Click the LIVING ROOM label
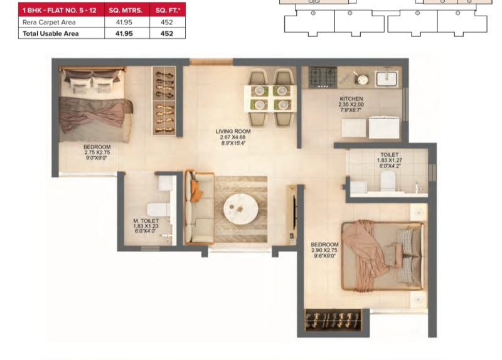(x=233, y=131)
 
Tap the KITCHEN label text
(x=351, y=99)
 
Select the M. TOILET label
(x=146, y=221)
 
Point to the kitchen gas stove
(x=323, y=77)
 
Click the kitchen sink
(x=387, y=78)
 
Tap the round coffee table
(x=241, y=208)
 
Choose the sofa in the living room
(x=199, y=208)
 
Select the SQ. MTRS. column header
(x=125, y=11)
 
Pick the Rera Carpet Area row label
(x=49, y=23)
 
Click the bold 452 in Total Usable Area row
(x=167, y=34)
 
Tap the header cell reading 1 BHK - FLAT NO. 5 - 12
(x=59, y=11)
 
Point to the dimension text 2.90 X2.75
(x=324, y=250)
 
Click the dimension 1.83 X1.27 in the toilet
(x=389, y=161)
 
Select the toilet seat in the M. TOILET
(x=158, y=209)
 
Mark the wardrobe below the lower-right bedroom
(x=333, y=320)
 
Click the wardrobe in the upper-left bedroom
(x=164, y=100)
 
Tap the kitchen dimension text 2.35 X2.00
(x=351, y=105)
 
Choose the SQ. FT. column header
(x=168, y=11)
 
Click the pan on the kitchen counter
(x=362, y=79)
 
